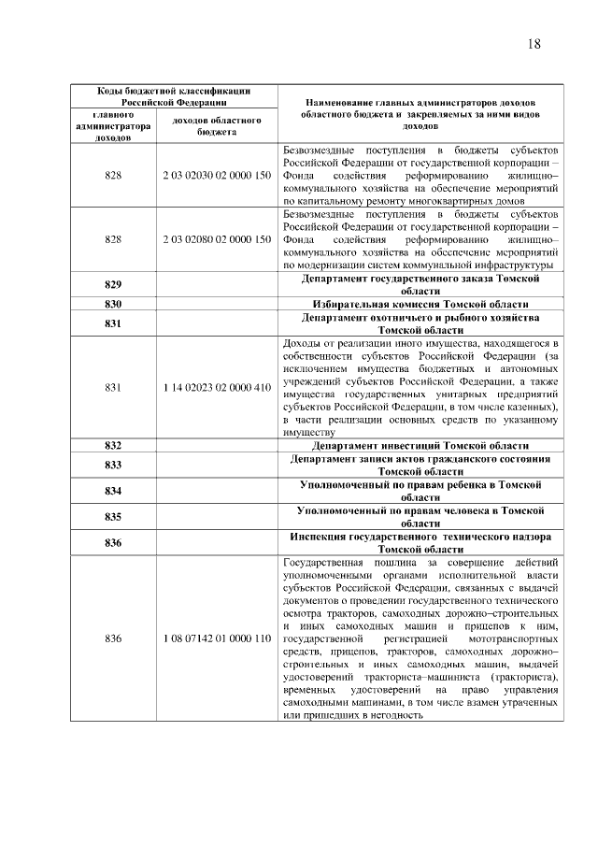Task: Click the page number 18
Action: [534, 44]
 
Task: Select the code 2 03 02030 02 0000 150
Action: [217, 175]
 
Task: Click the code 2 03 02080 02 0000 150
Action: [217, 239]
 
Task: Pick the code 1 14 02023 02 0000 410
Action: [217, 387]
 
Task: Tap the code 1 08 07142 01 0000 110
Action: [217, 638]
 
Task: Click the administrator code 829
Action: [114, 285]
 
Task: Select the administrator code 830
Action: [114, 305]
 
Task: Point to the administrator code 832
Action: [114, 446]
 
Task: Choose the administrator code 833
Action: [114, 466]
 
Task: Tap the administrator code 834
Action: [114, 492]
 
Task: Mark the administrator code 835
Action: [114, 518]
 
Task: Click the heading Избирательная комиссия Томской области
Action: [420, 305]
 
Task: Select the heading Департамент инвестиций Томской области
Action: [420, 446]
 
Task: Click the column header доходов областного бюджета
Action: [217, 126]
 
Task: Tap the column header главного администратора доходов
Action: [114, 126]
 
